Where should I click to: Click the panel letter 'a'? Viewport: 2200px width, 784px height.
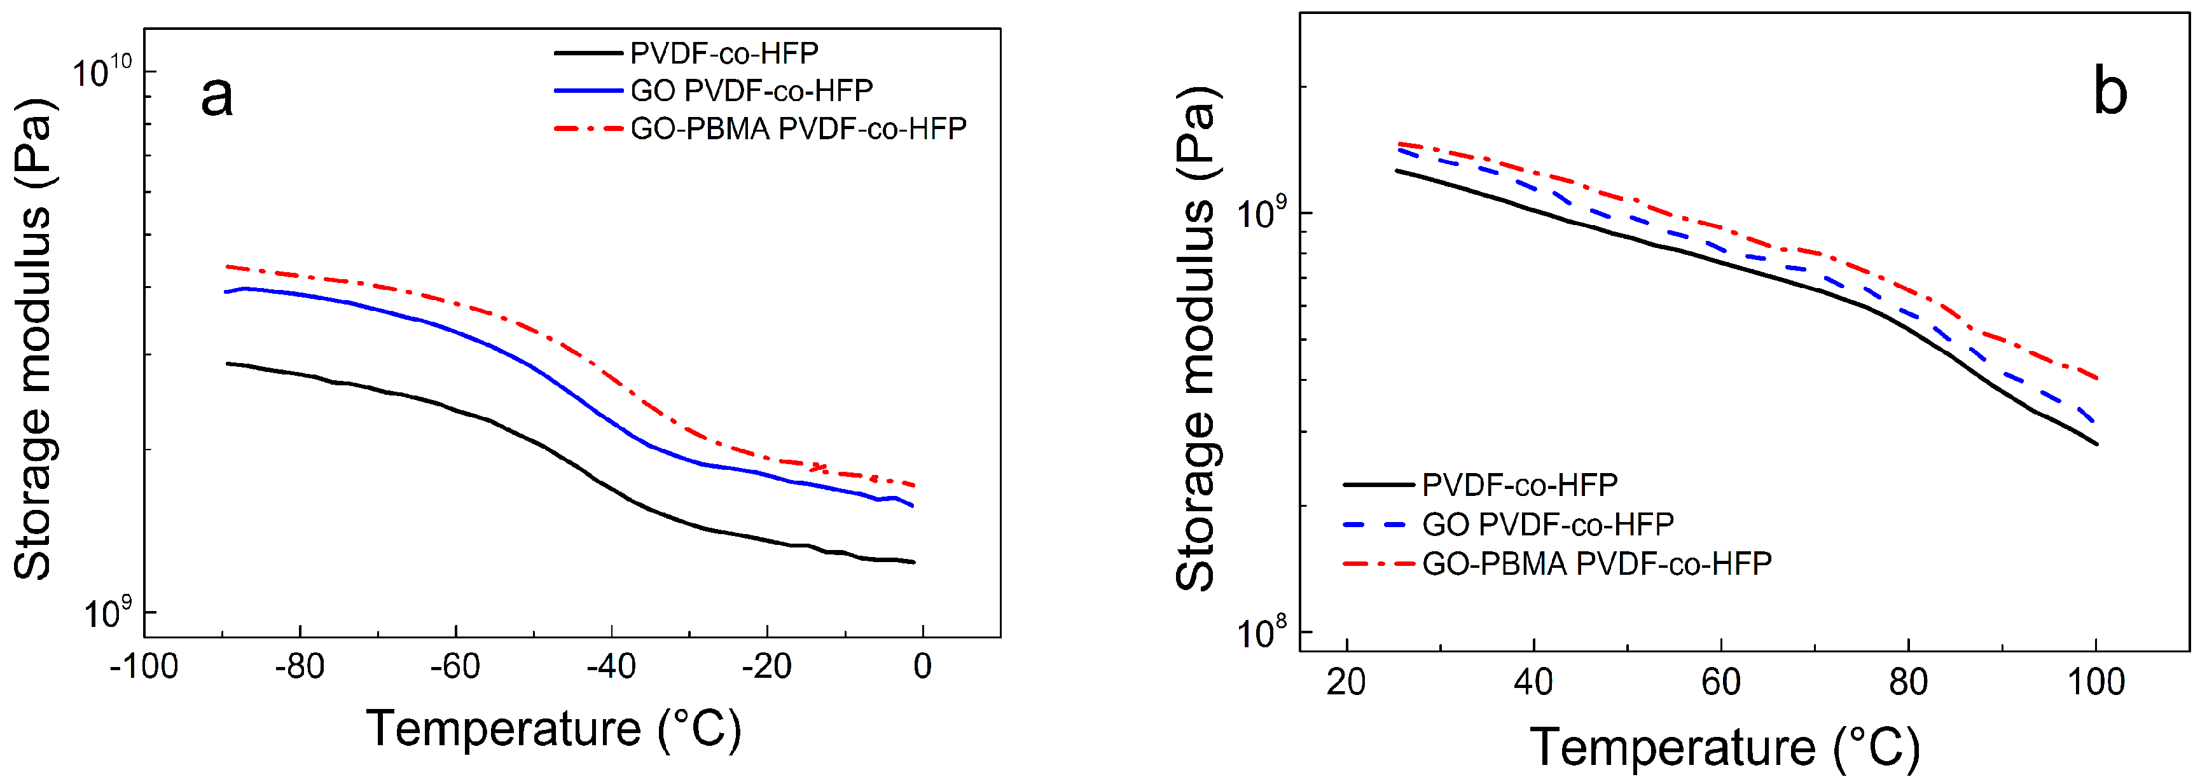(x=216, y=95)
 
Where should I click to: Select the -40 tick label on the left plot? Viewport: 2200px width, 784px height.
(x=611, y=666)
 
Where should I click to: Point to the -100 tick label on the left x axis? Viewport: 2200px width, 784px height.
(x=144, y=666)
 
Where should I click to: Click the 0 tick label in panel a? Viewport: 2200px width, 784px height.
(x=922, y=666)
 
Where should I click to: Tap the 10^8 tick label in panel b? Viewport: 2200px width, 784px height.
(x=1261, y=632)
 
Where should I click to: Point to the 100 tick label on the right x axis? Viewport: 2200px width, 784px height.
(x=2095, y=682)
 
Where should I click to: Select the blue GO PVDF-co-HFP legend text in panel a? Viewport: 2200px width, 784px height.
(x=752, y=90)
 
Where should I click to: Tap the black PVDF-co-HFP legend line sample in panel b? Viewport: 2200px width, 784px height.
(x=1378, y=485)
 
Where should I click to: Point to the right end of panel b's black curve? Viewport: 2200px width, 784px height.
(x=2097, y=444)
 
